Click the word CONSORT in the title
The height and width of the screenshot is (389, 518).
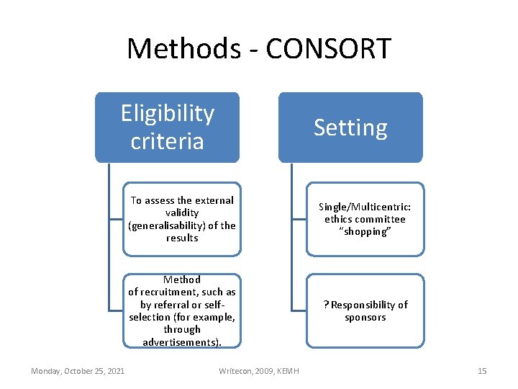coord(328,49)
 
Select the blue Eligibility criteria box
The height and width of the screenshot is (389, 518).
coord(167,127)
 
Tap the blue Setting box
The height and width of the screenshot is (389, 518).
coord(350,128)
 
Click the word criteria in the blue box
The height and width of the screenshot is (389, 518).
coord(167,140)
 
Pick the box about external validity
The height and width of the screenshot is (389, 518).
coord(181,219)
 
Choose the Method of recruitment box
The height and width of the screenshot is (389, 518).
coord(181,310)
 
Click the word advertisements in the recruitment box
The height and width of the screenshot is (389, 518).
coord(181,342)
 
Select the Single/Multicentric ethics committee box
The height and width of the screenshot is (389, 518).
coord(365,219)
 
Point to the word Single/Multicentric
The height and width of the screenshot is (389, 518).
coord(365,206)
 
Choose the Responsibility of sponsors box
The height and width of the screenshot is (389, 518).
coord(365,310)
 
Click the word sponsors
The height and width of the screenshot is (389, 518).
coord(365,318)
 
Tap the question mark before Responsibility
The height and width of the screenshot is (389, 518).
coord(326,305)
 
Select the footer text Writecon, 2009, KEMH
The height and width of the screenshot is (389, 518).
coord(258,371)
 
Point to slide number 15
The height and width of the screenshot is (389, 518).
coord(482,371)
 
